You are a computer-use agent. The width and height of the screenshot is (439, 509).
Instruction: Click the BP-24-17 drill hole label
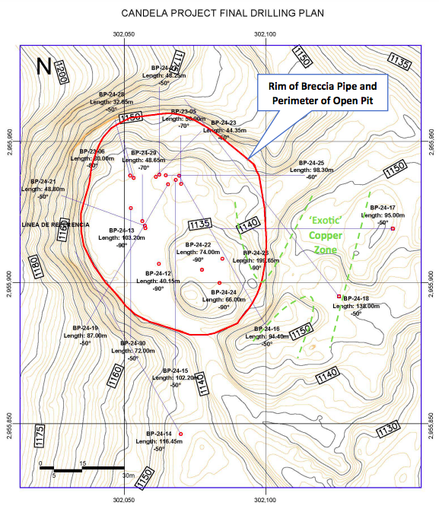tap(377, 208)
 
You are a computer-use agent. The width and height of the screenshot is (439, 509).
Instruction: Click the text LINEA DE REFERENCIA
tap(56, 225)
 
